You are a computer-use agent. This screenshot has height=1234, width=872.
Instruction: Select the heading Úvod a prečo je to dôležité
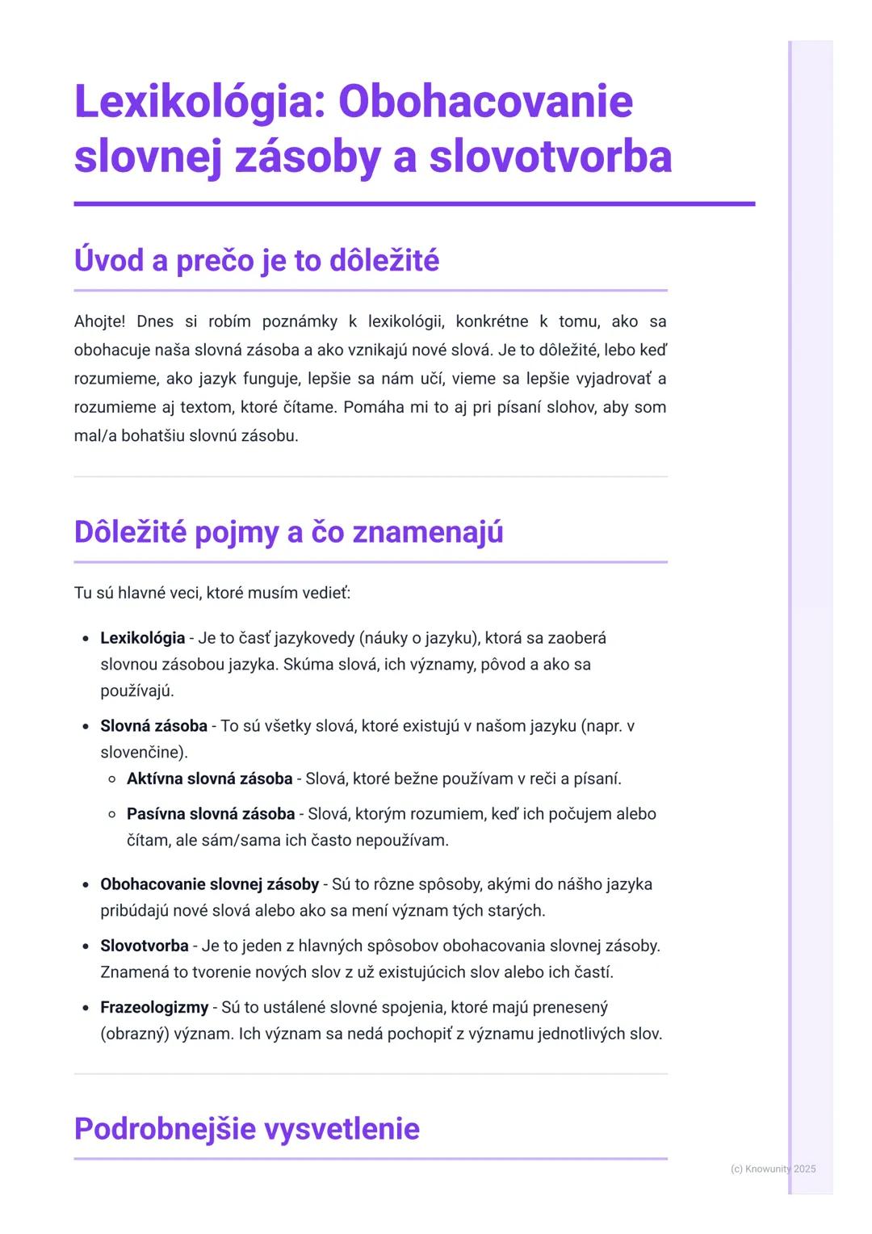click(x=256, y=261)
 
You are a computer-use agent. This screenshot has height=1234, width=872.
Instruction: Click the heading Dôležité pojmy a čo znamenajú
click(x=288, y=532)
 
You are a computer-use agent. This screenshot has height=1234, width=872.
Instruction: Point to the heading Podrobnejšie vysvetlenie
click(x=246, y=1128)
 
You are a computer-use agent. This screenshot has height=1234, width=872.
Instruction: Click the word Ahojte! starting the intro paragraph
click(x=99, y=321)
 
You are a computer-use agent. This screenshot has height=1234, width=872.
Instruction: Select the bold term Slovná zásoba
click(x=153, y=726)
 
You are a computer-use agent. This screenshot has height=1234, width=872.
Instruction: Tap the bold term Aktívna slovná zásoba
click(x=209, y=779)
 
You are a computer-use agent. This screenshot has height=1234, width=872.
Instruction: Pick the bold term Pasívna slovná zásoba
click(x=210, y=814)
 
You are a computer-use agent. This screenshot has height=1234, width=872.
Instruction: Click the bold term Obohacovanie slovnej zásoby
click(x=209, y=884)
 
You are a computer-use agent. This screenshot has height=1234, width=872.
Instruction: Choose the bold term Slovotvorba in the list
click(x=144, y=946)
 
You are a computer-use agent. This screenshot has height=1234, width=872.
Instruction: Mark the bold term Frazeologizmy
click(x=153, y=1008)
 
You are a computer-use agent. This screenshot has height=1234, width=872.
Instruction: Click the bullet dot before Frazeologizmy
click(x=85, y=1009)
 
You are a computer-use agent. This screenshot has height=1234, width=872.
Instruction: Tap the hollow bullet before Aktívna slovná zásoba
click(x=113, y=780)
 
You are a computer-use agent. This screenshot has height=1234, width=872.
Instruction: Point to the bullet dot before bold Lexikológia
click(x=85, y=639)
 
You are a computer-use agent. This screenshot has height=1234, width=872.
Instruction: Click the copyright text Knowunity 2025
click(x=773, y=1169)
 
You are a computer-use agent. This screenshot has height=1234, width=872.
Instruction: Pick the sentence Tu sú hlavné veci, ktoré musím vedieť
click(x=212, y=594)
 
